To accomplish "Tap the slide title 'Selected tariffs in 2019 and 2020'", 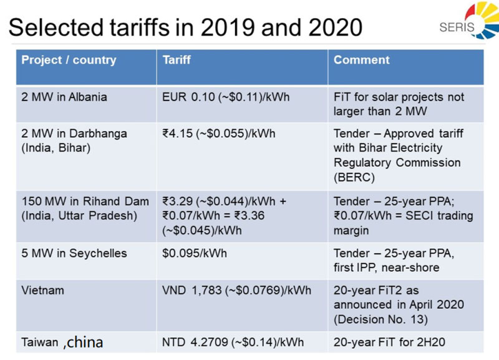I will pyautogui.click(x=187, y=27).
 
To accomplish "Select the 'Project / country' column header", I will pyautogui.click(x=69, y=61).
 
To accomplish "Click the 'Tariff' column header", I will pyautogui.click(x=177, y=61).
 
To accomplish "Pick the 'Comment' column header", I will pyautogui.click(x=362, y=61).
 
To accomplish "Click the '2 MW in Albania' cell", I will pyautogui.click(x=64, y=97).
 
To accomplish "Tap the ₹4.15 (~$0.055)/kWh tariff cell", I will pyautogui.click(x=218, y=134).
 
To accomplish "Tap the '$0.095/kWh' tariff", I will pyautogui.click(x=193, y=253).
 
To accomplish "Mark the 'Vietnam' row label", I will pyautogui.click(x=42, y=290).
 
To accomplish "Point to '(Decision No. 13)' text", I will pyautogui.click(x=380, y=319).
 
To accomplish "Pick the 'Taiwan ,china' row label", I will pyautogui.click(x=62, y=342).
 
